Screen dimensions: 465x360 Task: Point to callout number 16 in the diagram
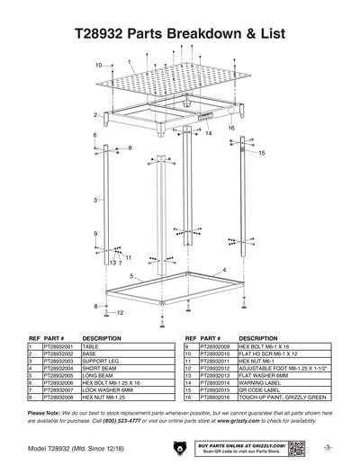click(231, 129)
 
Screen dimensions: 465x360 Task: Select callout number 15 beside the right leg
click(262, 154)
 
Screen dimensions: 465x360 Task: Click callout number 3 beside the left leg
click(94, 200)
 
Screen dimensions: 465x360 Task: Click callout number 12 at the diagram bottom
click(119, 312)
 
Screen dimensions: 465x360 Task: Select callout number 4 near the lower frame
click(223, 269)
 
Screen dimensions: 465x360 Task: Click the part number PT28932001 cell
click(58, 345)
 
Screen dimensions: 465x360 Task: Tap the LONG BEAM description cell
click(97, 374)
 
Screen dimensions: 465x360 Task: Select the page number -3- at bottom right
click(329, 447)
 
